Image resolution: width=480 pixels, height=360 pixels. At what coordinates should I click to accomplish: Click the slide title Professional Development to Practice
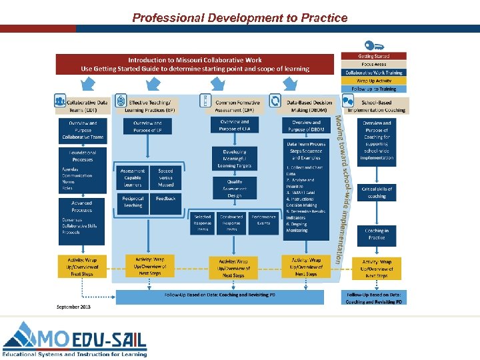[x=239, y=17]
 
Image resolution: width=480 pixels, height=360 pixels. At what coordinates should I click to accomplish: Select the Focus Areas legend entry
[x=373, y=64]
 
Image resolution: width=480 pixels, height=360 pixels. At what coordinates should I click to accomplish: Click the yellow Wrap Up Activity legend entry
[x=373, y=80]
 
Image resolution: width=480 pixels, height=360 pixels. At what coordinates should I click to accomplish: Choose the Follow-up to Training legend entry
[x=373, y=89]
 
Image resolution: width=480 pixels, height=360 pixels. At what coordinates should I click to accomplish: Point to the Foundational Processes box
[x=83, y=156]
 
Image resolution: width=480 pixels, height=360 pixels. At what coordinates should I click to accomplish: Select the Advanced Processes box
[x=83, y=205]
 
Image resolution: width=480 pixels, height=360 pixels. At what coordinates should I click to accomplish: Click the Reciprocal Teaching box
[x=133, y=201]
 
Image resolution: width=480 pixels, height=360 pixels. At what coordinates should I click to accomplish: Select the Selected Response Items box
[x=203, y=223]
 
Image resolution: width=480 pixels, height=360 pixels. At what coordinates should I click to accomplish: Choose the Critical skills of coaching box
[x=377, y=192]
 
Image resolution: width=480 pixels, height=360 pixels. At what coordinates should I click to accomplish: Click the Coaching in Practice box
[x=377, y=233]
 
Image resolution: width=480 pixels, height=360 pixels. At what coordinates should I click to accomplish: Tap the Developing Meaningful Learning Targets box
[x=234, y=159]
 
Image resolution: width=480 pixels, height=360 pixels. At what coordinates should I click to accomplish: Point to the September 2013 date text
[x=73, y=307]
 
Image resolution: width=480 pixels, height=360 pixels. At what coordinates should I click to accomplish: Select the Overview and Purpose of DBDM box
[x=306, y=126]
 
